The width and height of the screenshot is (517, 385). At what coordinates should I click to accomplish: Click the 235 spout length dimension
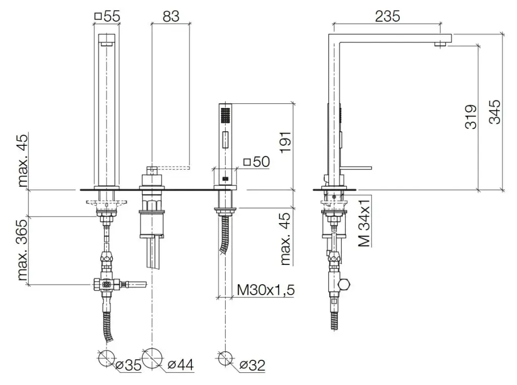(387, 16)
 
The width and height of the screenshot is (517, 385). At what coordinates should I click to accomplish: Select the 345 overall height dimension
(495, 112)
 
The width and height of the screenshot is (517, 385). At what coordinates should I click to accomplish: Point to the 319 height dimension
(471, 117)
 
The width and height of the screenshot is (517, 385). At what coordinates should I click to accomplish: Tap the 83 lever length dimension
(171, 16)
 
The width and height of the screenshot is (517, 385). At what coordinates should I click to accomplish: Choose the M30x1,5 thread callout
(266, 290)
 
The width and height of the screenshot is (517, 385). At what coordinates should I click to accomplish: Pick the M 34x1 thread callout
(365, 222)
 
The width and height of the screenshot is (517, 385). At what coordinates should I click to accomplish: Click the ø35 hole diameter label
(129, 365)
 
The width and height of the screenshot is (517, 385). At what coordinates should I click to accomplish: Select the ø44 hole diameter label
(181, 364)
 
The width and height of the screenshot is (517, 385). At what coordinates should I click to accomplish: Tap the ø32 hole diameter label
(252, 365)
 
